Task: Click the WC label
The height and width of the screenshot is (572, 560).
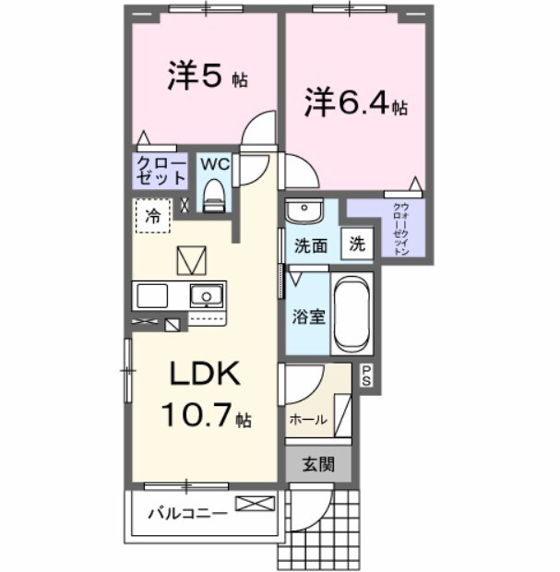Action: coord(214,164)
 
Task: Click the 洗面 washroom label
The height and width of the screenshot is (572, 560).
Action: coord(311,246)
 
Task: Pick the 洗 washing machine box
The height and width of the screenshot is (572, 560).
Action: coord(357,245)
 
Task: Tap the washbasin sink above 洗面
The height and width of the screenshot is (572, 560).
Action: coord(303,212)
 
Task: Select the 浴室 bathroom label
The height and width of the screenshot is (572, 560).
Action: coord(308,316)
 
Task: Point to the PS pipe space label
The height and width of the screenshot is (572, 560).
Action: coord(366,375)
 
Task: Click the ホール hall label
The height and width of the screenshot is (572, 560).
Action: coord(308,419)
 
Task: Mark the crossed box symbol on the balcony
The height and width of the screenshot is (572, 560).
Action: coord(255,504)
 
